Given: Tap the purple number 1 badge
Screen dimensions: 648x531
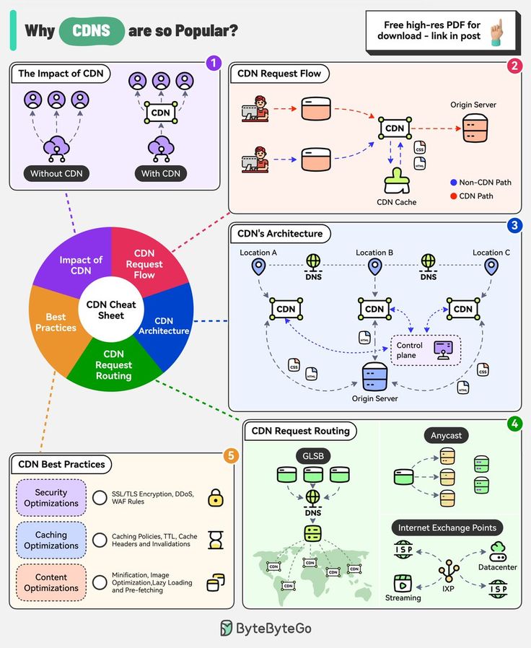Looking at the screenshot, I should (211, 63).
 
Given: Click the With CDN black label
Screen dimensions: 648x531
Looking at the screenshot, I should (160, 173).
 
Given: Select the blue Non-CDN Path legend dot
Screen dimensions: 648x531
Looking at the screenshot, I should (453, 183).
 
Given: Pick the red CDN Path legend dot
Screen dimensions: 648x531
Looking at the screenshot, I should (453, 196).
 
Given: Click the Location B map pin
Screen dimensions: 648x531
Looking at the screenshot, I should (374, 268).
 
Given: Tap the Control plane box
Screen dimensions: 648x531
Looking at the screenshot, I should (425, 351).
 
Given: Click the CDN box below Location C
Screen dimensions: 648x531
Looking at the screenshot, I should (463, 309).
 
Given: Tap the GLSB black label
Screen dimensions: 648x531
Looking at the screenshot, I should (312, 456).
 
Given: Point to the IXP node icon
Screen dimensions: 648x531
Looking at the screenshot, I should (449, 571).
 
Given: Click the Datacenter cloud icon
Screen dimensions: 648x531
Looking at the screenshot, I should (498, 552).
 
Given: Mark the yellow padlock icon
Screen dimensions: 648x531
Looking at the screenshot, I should (216, 497).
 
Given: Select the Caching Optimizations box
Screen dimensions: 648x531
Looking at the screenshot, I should (51, 540).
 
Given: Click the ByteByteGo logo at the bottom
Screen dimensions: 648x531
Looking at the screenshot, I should (265, 628).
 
